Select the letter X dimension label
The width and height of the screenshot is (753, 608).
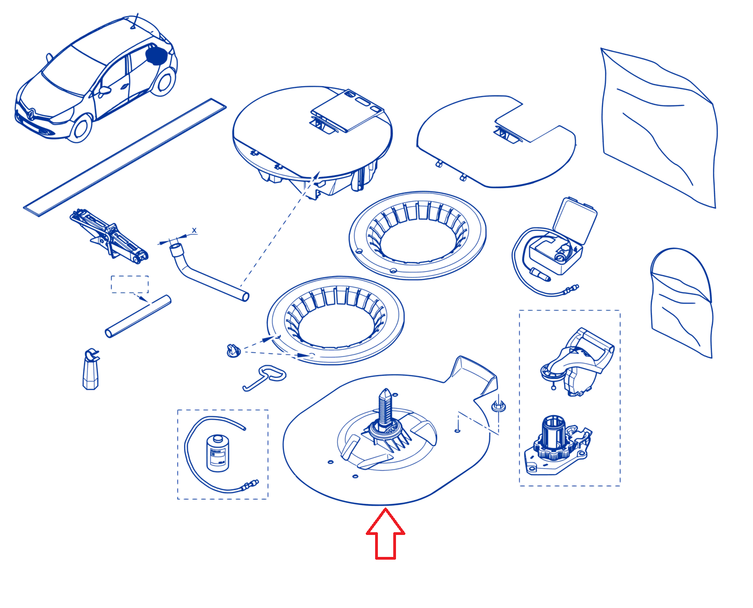(x=194, y=231)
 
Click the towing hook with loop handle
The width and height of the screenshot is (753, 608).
(x=264, y=377)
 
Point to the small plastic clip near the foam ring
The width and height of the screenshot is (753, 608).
(x=233, y=350)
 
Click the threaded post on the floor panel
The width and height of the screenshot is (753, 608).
(x=385, y=406)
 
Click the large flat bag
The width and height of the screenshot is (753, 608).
(x=657, y=127)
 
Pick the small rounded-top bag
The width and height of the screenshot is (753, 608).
(x=681, y=302)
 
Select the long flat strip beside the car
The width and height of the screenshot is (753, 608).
(x=125, y=157)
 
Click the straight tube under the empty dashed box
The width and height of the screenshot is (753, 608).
(x=138, y=316)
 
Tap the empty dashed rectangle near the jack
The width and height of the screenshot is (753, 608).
(x=130, y=284)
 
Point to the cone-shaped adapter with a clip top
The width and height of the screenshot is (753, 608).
(x=91, y=370)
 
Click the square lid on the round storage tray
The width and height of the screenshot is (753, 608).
(x=347, y=110)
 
